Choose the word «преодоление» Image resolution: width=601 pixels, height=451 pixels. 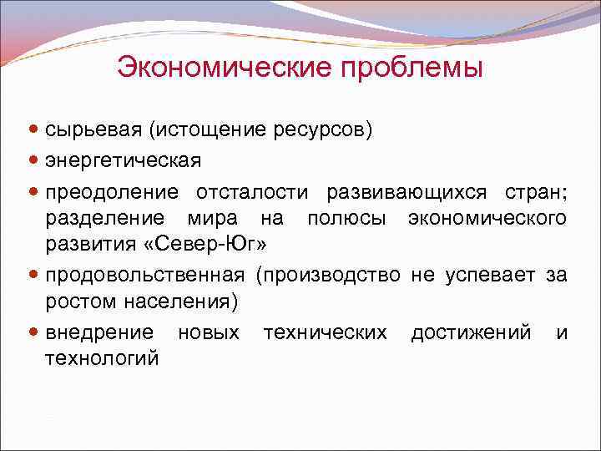112,193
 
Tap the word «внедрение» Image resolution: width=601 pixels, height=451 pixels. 99,333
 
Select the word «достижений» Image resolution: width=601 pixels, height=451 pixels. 471,333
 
